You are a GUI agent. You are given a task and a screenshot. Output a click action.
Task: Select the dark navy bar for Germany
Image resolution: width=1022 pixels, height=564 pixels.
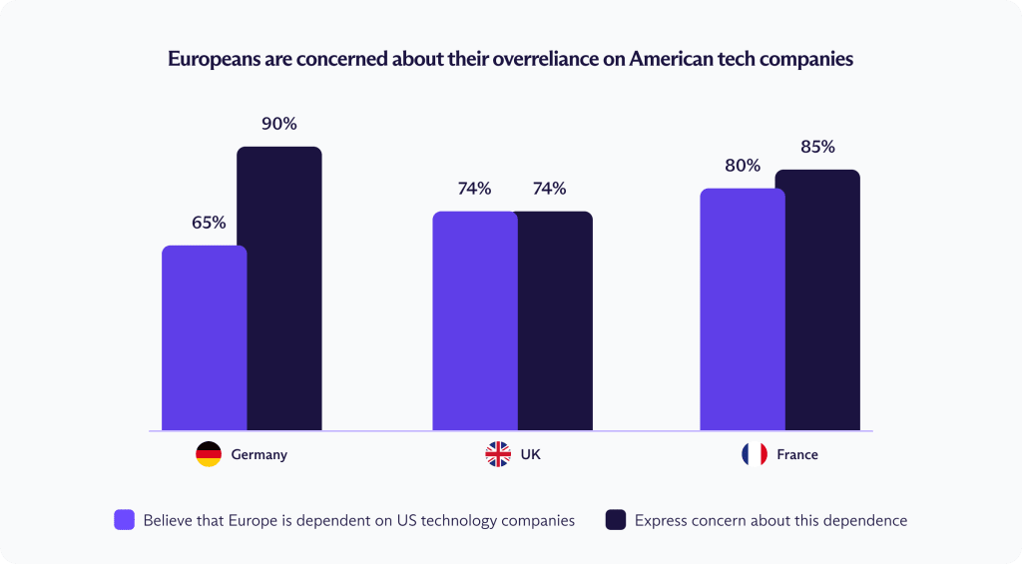(x=279, y=288)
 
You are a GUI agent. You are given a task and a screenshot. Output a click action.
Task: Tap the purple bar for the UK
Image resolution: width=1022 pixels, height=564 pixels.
(x=474, y=320)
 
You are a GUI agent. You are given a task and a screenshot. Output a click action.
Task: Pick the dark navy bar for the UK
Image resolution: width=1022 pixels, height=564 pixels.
(x=554, y=320)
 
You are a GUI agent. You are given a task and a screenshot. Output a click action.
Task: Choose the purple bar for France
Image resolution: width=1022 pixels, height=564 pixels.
(x=742, y=309)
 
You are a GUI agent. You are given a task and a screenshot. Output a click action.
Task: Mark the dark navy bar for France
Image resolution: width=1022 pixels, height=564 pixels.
(x=817, y=299)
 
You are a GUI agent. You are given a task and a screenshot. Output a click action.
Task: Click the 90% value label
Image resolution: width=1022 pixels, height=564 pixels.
(x=279, y=125)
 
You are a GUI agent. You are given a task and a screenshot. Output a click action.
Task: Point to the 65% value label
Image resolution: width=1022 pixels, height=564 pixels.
(x=209, y=223)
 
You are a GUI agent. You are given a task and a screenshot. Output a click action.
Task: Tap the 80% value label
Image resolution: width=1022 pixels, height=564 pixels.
(x=743, y=166)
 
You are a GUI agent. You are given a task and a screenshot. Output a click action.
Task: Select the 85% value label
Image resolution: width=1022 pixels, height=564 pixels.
(x=817, y=147)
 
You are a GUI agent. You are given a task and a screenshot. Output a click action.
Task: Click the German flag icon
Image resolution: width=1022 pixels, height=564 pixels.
(x=209, y=454)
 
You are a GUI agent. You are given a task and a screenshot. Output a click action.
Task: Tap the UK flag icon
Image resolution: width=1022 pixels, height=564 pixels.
(x=497, y=454)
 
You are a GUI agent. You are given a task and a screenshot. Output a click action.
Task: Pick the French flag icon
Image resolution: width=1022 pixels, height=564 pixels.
(x=755, y=454)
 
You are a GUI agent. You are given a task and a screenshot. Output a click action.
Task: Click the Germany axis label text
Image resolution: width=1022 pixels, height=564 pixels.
(x=258, y=454)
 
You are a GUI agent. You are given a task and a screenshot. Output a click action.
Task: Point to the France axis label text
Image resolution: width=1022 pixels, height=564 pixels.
(x=796, y=454)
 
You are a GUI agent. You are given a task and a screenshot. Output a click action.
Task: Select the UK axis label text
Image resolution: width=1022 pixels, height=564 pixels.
(x=530, y=454)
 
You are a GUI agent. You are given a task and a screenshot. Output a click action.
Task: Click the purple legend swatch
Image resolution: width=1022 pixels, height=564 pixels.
(x=125, y=519)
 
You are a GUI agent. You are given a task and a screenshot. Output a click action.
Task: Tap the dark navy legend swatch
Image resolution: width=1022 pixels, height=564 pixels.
(x=616, y=519)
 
